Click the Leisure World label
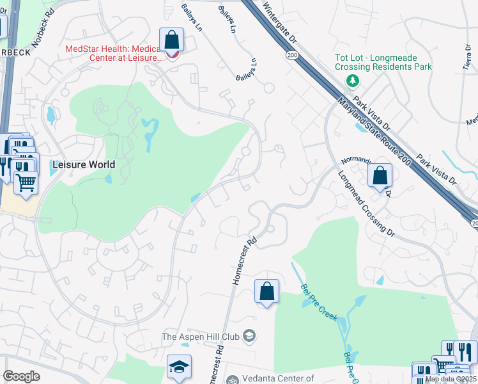(84, 164)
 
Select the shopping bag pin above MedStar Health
(172, 40)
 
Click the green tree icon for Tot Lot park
(351, 81)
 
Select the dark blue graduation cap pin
(180, 367)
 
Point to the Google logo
(21, 376)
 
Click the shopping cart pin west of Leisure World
(26, 182)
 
